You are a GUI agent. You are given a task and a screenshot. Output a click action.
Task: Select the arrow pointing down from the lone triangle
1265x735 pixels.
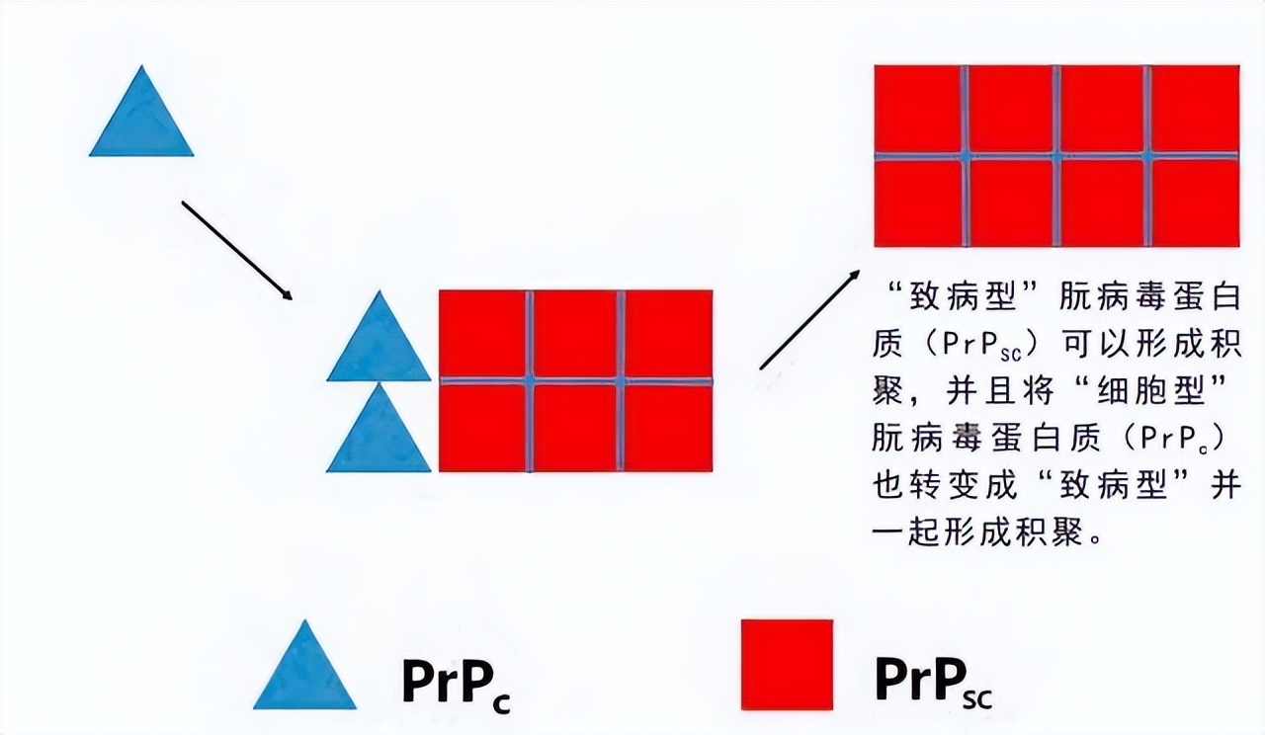tap(236, 250)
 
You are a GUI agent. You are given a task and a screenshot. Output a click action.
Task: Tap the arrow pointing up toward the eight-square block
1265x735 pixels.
tap(809, 319)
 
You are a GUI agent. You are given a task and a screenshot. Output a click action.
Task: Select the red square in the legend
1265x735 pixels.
tap(787, 664)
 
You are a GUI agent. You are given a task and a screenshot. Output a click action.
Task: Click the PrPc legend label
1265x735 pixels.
tap(455, 679)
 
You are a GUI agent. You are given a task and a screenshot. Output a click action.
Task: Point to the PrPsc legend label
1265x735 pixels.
tap(933, 679)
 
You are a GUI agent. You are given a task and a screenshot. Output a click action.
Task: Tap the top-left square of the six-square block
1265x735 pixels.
tap(482, 334)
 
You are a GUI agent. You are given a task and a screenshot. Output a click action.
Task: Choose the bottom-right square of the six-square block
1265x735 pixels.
tap(668, 427)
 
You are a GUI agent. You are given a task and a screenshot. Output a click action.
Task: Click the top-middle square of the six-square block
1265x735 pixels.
tap(574, 334)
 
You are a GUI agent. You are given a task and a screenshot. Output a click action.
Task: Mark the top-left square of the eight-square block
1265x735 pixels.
tap(918, 109)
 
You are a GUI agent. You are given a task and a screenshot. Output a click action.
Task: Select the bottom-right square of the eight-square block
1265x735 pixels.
tap(1194, 203)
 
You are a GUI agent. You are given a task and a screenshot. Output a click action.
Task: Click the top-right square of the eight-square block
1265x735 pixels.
tap(1194, 109)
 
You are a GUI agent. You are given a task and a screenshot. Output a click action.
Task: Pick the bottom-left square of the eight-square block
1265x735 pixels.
tap(918, 203)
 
